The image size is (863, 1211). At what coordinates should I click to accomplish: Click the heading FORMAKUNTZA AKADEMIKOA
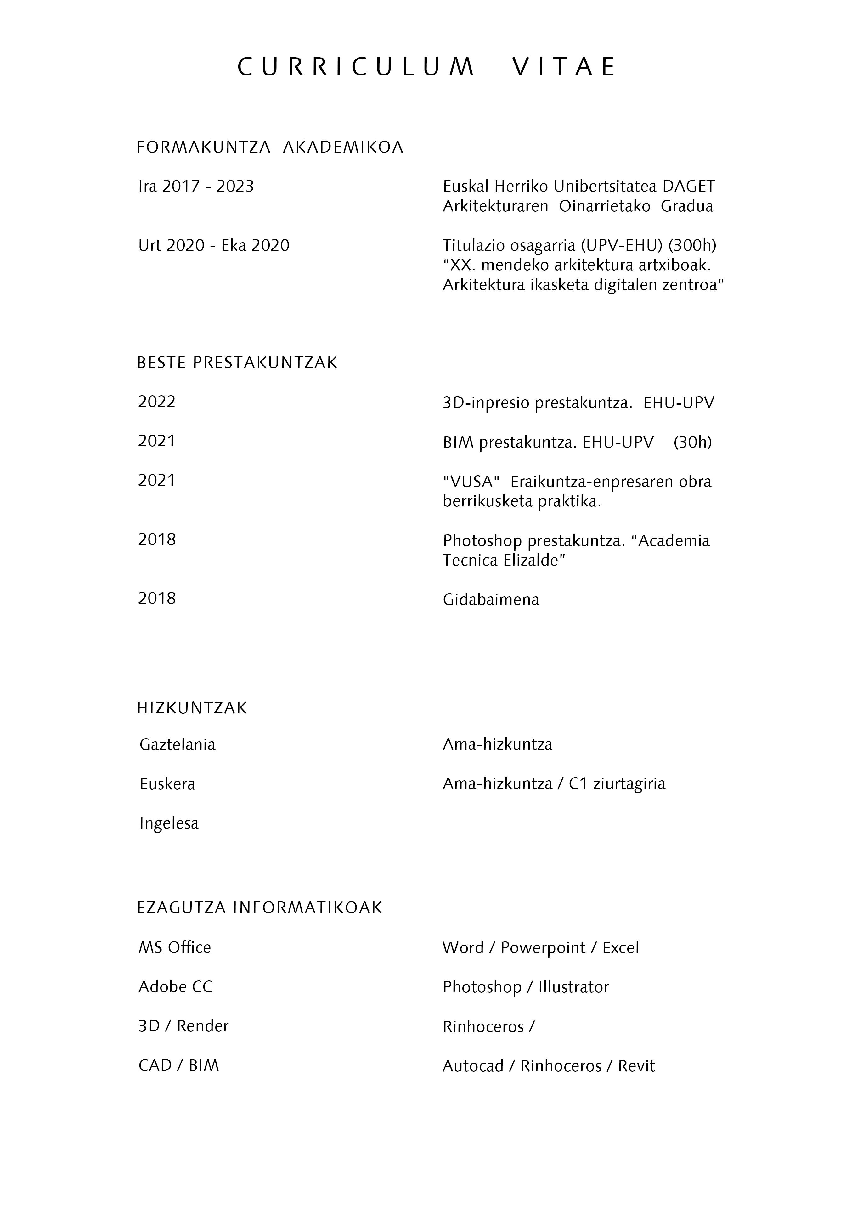click(270, 147)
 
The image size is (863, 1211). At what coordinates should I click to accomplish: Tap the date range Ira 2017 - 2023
click(196, 187)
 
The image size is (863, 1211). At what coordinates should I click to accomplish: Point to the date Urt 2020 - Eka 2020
click(214, 245)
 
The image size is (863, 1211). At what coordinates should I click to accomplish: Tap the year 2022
click(157, 402)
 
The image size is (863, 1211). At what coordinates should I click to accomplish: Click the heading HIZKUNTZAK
click(192, 708)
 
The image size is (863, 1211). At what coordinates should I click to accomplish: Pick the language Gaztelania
click(178, 745)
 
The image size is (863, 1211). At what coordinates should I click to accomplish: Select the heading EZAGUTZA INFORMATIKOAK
click(259, 908)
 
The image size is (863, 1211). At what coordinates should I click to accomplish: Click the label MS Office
click(175, 947)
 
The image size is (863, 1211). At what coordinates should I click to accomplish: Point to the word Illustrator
click(573, 987)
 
